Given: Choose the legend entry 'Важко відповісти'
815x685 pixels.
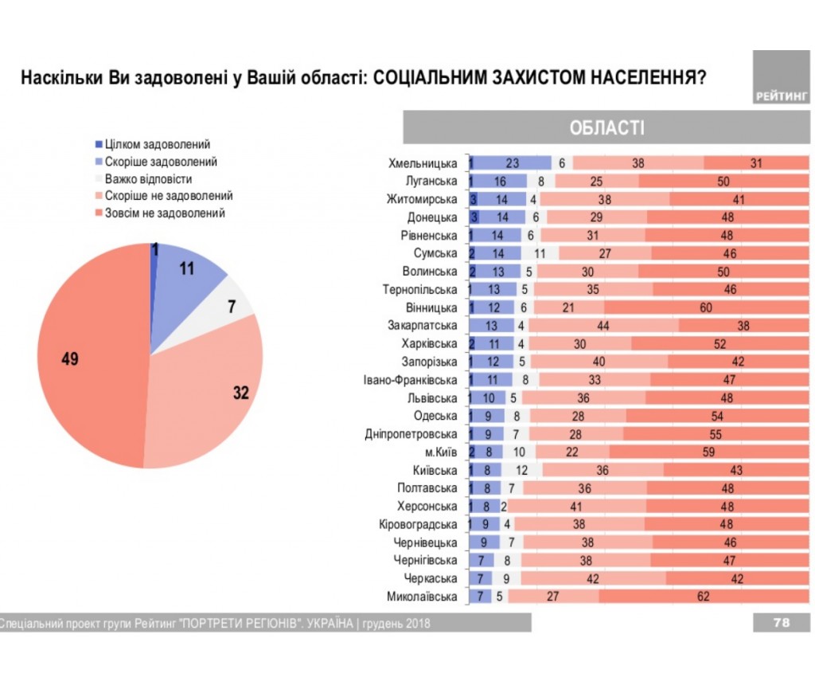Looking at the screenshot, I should (149, 179).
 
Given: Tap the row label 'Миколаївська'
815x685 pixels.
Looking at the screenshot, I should (422, 597).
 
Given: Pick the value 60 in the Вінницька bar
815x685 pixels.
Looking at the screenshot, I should (705, 307).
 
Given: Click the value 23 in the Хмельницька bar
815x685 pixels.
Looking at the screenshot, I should (513, 163).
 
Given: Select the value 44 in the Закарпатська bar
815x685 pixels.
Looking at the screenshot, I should (602, 326).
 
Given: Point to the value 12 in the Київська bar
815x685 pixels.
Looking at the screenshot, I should (522, 471).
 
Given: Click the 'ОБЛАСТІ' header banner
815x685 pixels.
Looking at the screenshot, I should (606, 128).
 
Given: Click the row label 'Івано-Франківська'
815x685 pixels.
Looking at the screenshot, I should (410, 380).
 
